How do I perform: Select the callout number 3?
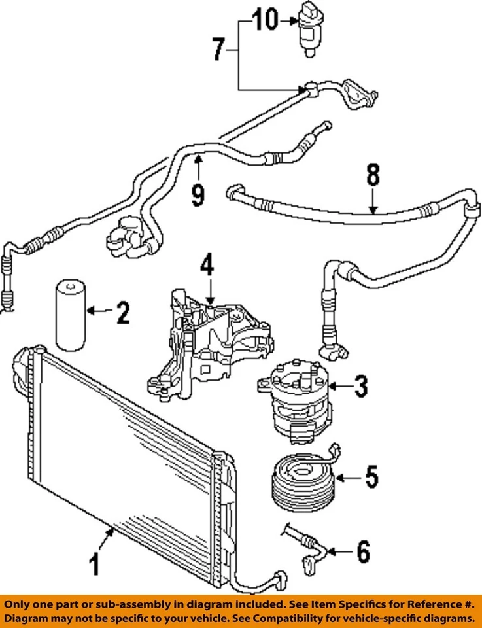pyautogui.click(x=361, y=387)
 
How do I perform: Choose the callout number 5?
pyautogui.click(x=371, y=477)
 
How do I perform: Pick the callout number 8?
pyautogui.click(x=372, y=176)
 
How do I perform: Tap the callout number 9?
pyautogui.click(x=198, y=194)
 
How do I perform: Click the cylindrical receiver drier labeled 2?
pyautogui.click(x=67, y=315)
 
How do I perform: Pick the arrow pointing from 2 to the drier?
pyautogui.click(x=97, y=312)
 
